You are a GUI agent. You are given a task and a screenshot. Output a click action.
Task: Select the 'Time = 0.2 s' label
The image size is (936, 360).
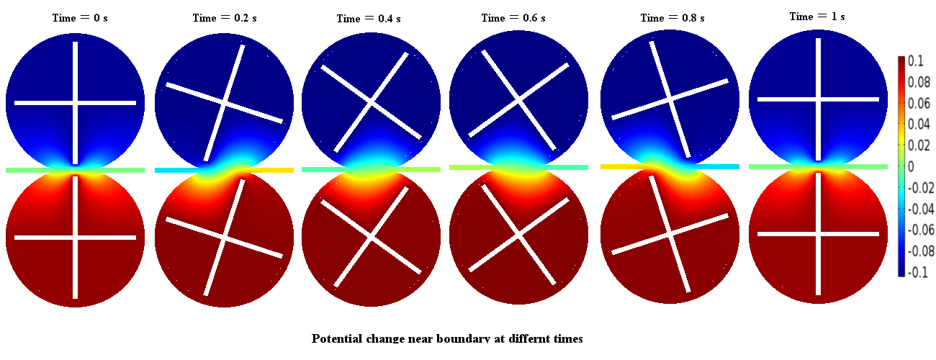(x=224, y=17)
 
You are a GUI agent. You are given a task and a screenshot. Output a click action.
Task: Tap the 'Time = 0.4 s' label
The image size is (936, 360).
(x=371, y=19)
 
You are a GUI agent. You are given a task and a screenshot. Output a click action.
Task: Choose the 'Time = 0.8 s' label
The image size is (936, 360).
(x=672, y=17)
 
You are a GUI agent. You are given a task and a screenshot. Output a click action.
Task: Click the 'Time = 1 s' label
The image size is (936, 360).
(x=817, y=16)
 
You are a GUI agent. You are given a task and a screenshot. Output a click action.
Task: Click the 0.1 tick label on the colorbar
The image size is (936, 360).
(x=915, y=62)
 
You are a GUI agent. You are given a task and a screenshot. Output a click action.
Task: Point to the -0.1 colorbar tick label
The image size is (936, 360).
(x=917, y=272)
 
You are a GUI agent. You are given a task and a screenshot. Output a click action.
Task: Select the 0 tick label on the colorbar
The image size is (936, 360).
(x=911, y=167)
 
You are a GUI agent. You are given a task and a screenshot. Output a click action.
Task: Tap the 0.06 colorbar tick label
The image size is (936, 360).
(x=919, y=104)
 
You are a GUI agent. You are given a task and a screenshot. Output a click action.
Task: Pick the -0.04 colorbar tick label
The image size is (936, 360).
(x=921, y=209)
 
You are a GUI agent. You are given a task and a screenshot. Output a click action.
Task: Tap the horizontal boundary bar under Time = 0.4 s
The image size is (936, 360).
(x=371, y=169)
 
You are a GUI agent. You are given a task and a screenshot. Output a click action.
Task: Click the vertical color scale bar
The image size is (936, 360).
(x=901, y=167)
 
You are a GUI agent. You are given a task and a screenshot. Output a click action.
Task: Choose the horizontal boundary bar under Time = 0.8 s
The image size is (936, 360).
(x=670, y=166)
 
